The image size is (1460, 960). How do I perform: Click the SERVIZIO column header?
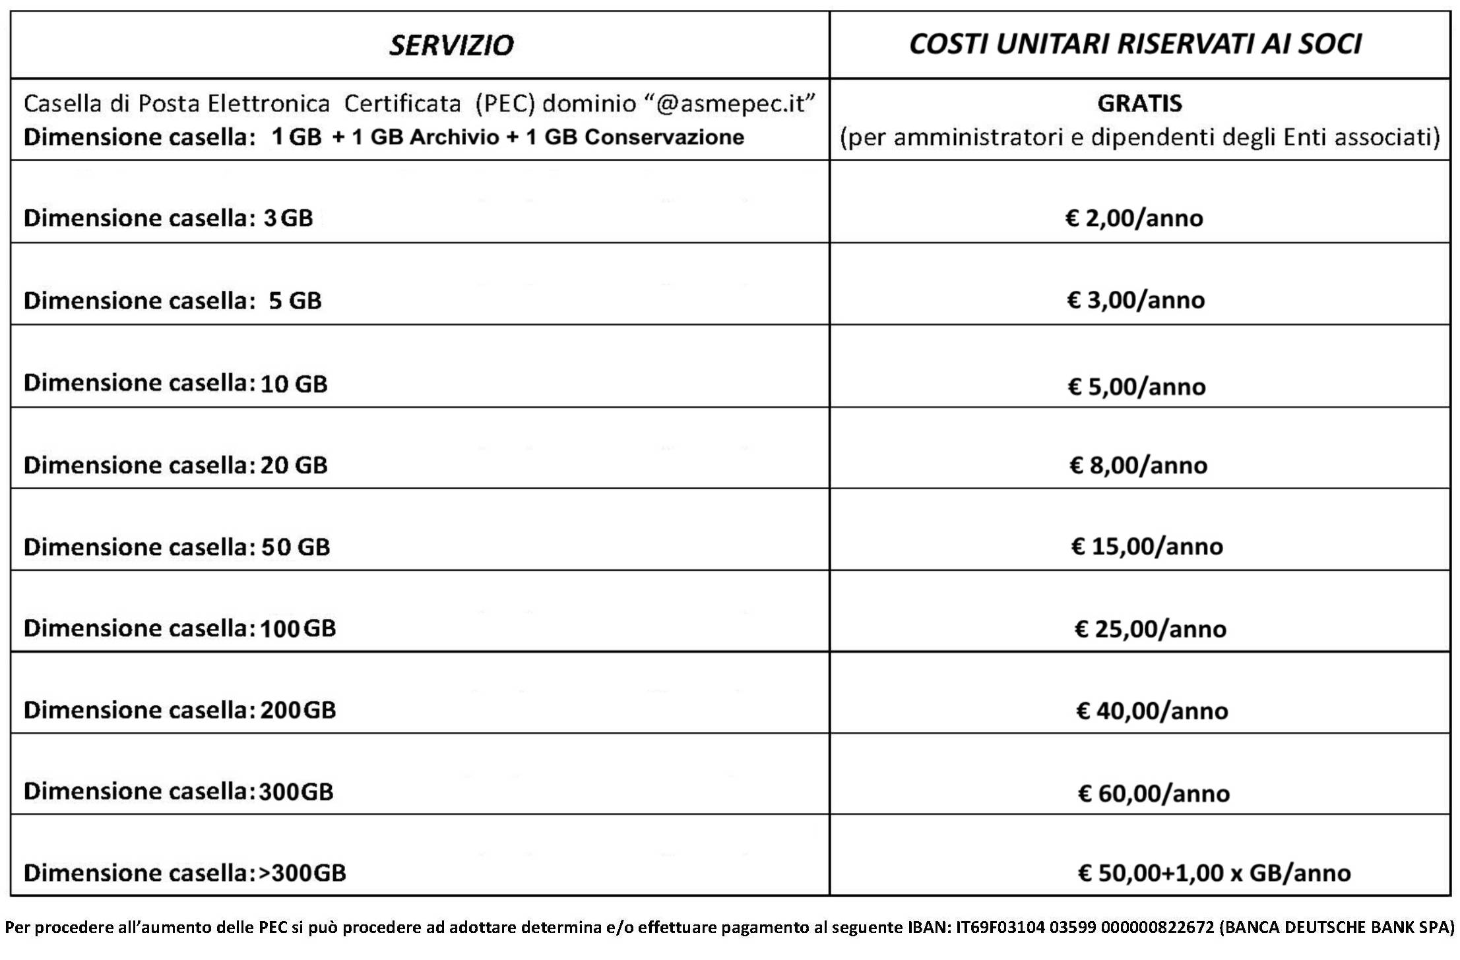coord(451,45)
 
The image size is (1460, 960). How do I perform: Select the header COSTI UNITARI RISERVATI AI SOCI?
coord(1135,44)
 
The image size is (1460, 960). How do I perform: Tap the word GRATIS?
coord(1139,104)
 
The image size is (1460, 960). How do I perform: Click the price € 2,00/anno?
coord(1134,218)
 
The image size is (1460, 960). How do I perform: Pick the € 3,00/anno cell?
coord(1135,300)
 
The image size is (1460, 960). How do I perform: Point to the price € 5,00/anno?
coord(1136,386)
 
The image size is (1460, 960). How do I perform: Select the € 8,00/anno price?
coord(1138,465)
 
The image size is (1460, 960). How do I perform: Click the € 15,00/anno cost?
coord(1147,547)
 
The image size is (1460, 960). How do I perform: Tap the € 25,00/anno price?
coord(1150,629)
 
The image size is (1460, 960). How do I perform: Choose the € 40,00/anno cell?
coord(1152,711)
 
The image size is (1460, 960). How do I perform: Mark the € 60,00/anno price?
coord(1153,793)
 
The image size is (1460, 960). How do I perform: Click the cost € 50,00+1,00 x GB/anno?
coord(1214,873)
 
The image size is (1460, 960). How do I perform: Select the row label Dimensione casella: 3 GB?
coord(168,218)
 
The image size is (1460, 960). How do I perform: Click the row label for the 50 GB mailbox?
coord(177,547)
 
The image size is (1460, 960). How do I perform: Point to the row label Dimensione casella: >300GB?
coord(185,873)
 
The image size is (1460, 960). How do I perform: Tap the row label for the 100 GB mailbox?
coord(179,628)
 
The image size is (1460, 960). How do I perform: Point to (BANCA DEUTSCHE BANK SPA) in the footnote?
coord(1337,928)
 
